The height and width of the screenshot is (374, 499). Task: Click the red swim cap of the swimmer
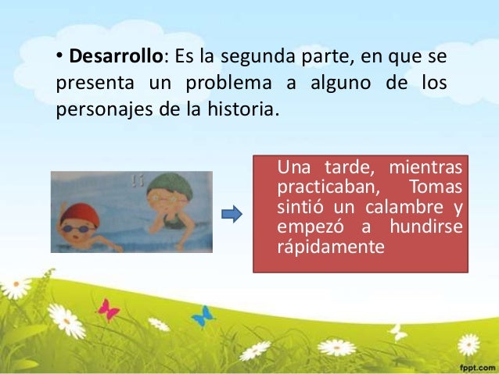point(76,212)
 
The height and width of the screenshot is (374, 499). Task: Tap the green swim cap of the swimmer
point(168,185)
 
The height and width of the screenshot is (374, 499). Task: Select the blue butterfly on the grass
point(203,316)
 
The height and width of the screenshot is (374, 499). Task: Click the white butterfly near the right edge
point(399,332)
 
